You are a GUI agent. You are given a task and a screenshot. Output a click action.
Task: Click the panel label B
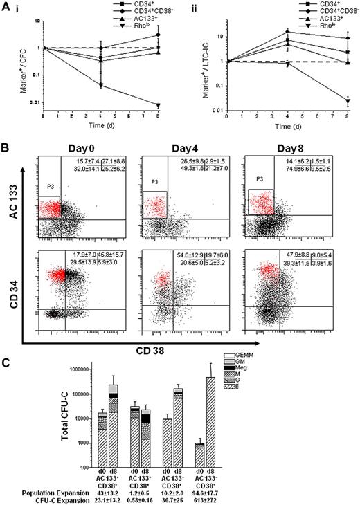6,147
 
